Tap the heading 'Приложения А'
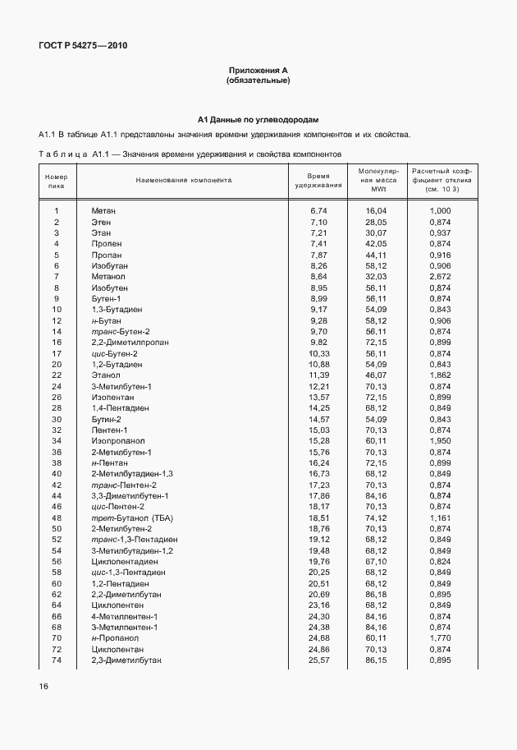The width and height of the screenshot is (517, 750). (258, 71)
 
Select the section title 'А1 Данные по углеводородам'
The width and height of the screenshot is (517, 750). (258, 119)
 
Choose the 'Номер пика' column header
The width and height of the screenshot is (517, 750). (57, 180)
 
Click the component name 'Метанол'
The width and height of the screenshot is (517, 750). (107, 277)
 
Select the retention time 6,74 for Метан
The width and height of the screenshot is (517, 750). (318, 211)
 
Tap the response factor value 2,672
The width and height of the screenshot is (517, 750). (440, 277)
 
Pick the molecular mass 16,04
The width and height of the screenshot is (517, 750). (376, 211)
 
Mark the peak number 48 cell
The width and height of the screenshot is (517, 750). (57, 518)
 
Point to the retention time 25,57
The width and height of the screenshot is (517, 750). (318, 660)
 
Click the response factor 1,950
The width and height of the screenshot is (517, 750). (440, 441)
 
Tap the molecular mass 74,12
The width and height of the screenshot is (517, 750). (376, 518)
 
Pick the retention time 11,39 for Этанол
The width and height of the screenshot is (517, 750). (318, 375)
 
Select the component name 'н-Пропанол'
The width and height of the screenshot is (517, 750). (115, 638)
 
